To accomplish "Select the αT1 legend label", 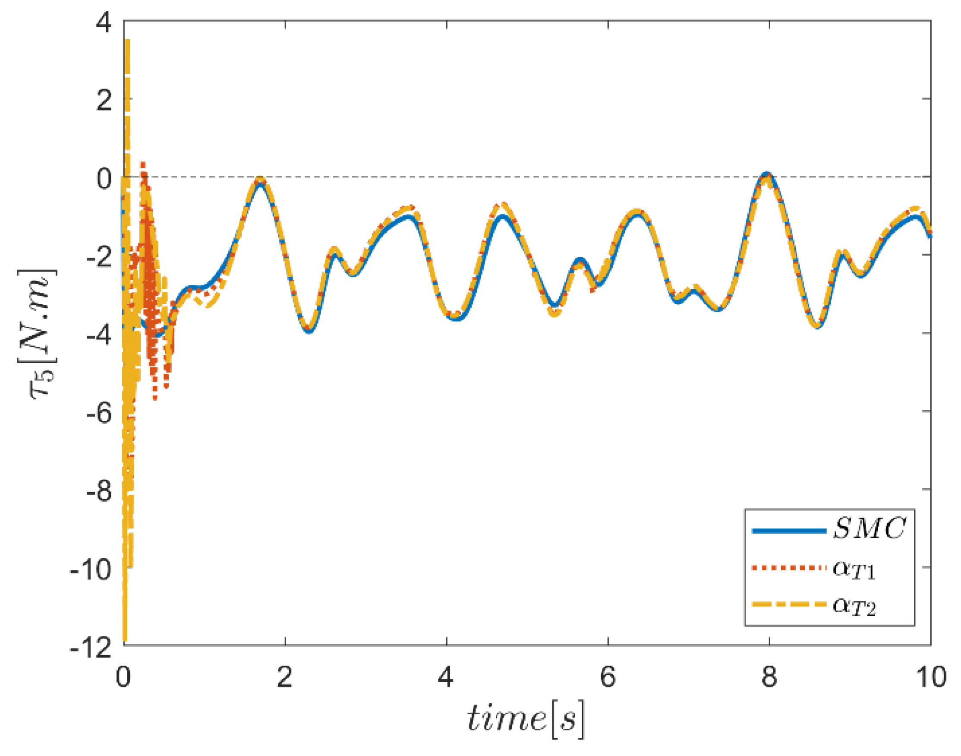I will (854, 569).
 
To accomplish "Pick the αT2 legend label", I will (854, 606).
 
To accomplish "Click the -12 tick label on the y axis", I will (91, 648).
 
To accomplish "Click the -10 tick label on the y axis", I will (91, 570).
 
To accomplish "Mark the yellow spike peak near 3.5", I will (127, 41).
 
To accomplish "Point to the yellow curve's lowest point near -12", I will (125, 639).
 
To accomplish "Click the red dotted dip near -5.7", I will (155, 399).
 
